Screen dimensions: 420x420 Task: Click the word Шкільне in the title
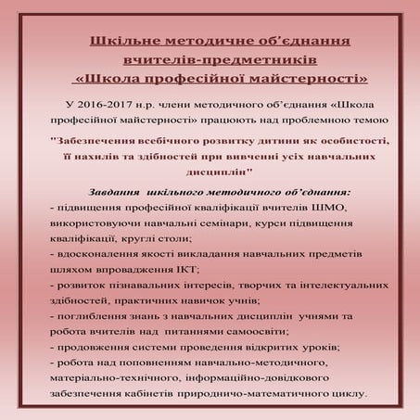(122, 42)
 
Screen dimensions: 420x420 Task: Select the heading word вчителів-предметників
(210, 59)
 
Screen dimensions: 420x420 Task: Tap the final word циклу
(344, 393)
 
